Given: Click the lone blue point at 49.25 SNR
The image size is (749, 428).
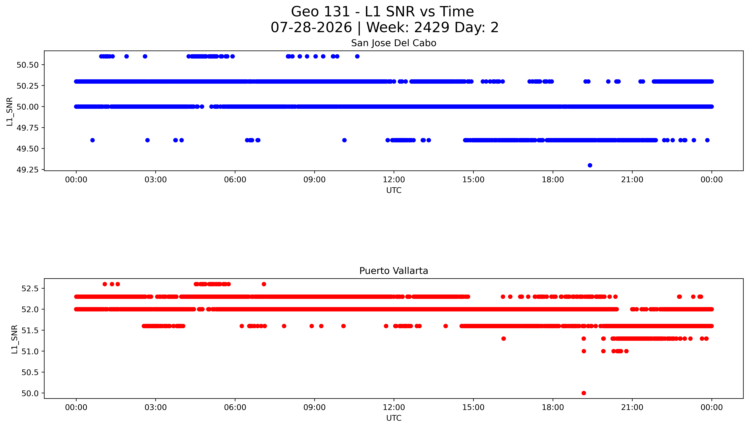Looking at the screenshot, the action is click(590, 165).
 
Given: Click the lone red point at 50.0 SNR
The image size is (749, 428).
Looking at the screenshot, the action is click(584, 393).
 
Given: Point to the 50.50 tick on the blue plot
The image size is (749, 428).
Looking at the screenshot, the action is click(28, 65).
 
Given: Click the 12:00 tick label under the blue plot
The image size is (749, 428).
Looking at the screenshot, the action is click(394, 180).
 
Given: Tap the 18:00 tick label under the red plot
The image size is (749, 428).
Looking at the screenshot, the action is click(553, 407).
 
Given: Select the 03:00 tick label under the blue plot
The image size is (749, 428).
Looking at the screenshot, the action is click(156, 180).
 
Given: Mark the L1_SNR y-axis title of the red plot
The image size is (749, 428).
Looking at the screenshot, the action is click(14, 339).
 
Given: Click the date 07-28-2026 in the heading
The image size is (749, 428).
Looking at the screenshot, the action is click(311, 27).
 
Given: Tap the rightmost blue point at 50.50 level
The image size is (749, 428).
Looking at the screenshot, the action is click(357, 56).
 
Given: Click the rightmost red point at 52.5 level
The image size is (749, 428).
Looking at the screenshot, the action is click(264, 284).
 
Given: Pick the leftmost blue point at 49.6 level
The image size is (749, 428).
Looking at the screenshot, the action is click(92, 140).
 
